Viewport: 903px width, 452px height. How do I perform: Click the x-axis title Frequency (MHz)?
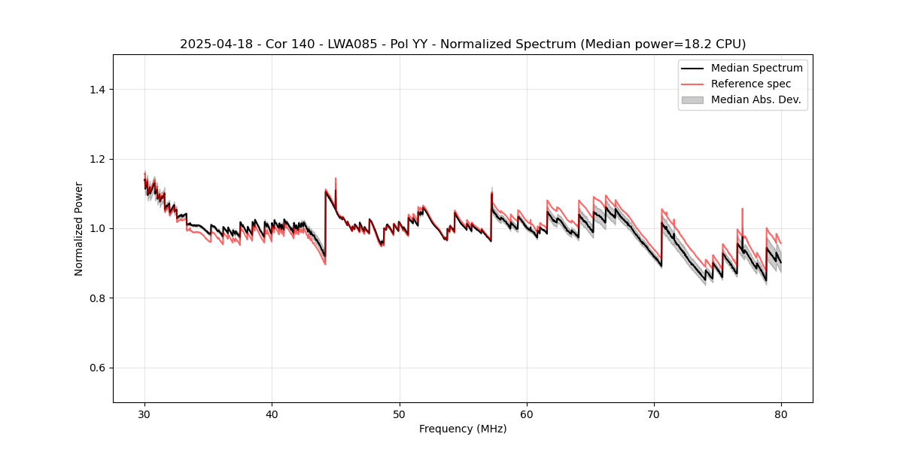[x=463, y=429]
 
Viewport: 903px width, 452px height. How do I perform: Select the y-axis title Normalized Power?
[x=79, y=228]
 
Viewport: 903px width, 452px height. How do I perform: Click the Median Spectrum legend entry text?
[x=756, y=68]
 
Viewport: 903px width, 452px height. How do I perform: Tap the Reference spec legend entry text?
[x=751, y=84]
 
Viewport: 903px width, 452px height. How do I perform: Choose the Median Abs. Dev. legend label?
[x=756, y=99]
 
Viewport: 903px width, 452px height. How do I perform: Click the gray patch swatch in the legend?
[x=692, y=99]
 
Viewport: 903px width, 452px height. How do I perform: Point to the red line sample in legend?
[x=692, y=84]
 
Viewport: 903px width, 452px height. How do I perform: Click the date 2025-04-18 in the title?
[x=211, y=44]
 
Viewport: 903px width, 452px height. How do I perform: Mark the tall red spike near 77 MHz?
[x=742, y=209]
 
